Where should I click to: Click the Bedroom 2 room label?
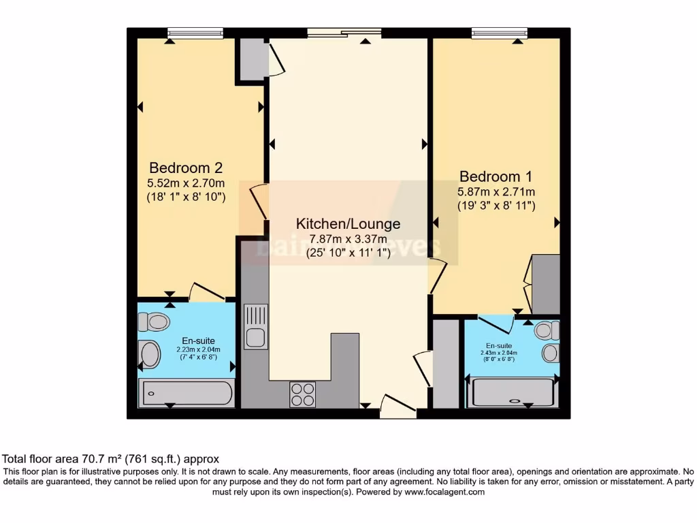186,168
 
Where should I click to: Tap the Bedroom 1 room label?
496,176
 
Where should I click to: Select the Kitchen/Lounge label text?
348,224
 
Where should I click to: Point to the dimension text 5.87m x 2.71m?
496,191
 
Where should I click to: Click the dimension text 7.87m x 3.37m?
348,239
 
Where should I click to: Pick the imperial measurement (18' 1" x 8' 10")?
186,197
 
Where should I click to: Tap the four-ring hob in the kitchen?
302,394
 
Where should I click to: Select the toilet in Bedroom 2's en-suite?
153,321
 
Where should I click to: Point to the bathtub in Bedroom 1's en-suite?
513,393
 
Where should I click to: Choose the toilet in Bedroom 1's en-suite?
547,331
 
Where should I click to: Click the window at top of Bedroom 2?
196,33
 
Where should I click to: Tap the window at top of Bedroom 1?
500,33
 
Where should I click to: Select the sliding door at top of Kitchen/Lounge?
344,32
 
